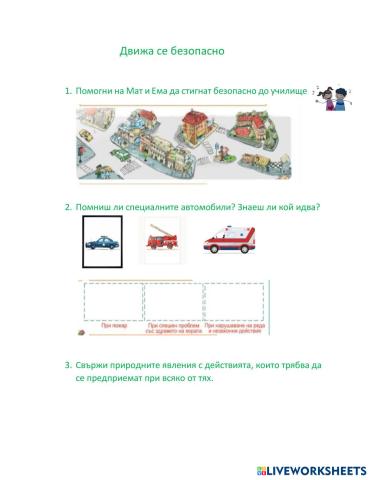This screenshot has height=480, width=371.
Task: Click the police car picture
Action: (103, 242)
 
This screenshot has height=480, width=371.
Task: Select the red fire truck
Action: (163, 241)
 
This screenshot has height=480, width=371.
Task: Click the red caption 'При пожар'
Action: (113, 325)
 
